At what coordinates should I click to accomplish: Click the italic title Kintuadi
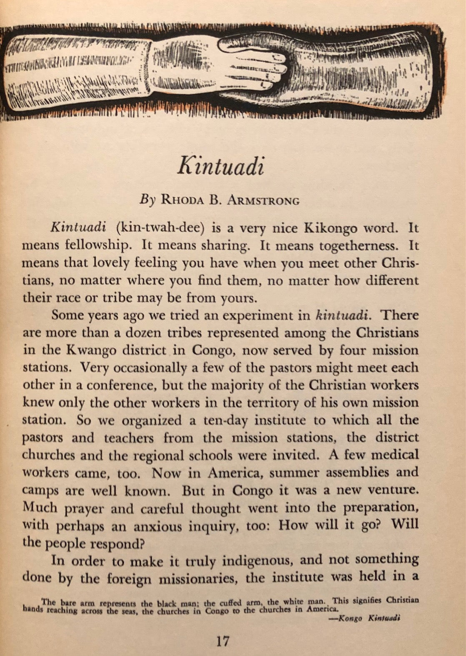pyautogui.click(x=221, y=166)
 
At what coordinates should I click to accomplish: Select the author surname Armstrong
pyautogui.click(x=263, y=201)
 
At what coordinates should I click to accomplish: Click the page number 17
pyautogui.click(x=223, y=641)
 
